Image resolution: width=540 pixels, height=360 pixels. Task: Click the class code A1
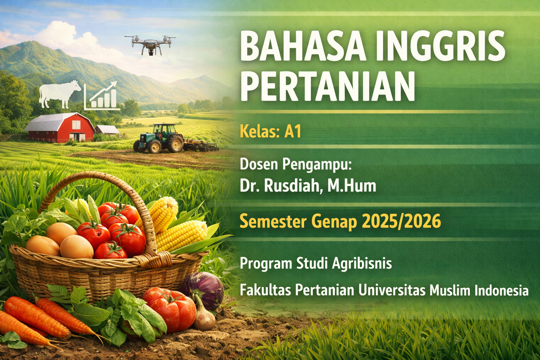293,132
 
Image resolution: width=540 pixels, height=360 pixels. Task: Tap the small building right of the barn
108,130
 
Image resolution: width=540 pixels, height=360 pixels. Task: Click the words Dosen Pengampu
295,165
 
